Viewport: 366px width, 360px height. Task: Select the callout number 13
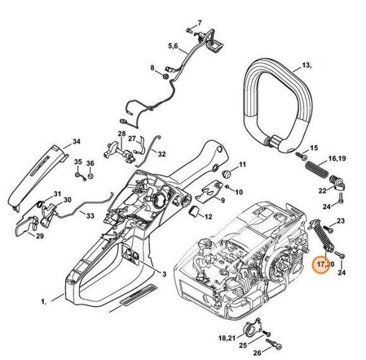(306, 65)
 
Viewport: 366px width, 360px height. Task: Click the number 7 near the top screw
(199, 23)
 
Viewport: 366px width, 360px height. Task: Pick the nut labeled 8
(165, 76)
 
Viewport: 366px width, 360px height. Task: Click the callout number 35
(78, 162)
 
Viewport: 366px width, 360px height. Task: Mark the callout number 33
(90, 216)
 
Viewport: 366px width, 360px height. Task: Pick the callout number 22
(322, 189)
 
